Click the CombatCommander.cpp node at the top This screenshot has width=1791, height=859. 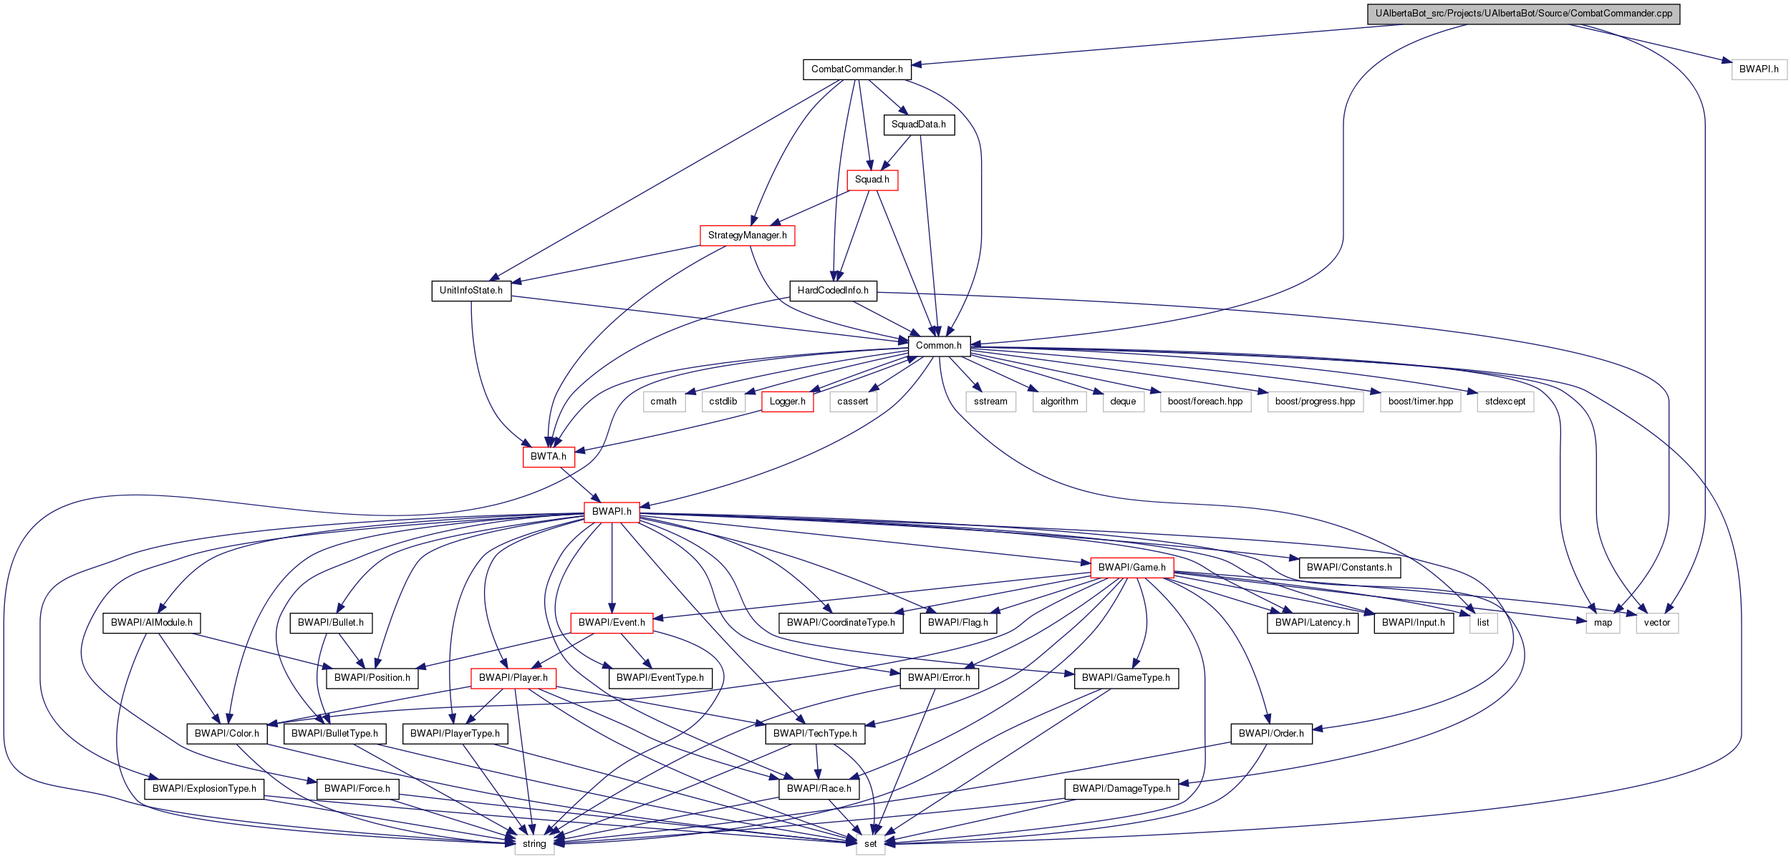(1523, 14)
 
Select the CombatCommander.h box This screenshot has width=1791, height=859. (856, 69)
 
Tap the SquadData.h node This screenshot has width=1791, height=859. (918, 125)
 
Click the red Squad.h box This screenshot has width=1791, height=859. (872, 180)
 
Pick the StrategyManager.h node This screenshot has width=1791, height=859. (747, 236)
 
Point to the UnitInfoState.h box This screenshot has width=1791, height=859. (471, 291)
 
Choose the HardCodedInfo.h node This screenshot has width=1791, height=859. (833, 291)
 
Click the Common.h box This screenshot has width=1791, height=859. (939, 346)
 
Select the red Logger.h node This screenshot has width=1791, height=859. (787, 402)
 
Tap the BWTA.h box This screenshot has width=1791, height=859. (548, 457)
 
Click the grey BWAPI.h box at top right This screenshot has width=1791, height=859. (1758, 69)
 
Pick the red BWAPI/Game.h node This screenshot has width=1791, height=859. (1131, 568)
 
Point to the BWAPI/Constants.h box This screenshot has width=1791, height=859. (1349, 568)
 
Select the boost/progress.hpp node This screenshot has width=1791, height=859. (1315, 402)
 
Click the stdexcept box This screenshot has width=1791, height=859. (1505, 402)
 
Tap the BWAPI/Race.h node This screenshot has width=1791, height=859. (819, 789)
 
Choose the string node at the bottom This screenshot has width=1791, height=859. (534, 844)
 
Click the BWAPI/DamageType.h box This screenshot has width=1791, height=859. (1121, 789)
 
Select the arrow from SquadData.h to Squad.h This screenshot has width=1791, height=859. (897, 152)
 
